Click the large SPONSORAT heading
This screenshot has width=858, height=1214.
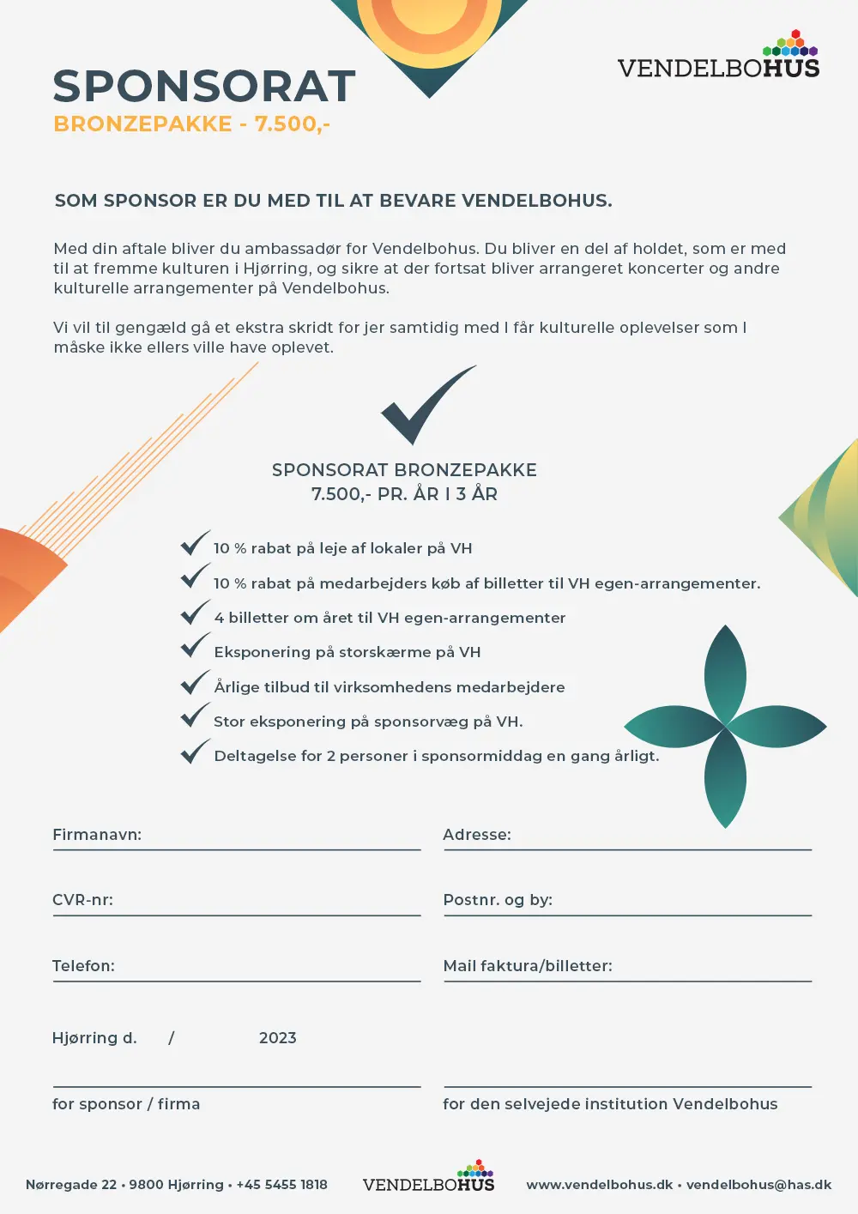pos(204,86)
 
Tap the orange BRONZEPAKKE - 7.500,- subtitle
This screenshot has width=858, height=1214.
pos(191,124)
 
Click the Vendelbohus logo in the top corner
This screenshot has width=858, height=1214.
pos(718,58)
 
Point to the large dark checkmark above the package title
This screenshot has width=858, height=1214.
pos(426,404)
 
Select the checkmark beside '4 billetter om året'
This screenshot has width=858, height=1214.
pos(195,613)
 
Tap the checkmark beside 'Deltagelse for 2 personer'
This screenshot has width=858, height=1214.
pos(195,752)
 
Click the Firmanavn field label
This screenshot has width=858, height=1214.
pos(97,835)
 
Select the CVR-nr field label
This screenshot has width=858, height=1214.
pos(82,900)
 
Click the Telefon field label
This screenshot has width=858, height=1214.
pos(83,966)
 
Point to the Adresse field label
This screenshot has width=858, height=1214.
pos(477,835)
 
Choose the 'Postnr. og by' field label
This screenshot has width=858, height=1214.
pos(498,900)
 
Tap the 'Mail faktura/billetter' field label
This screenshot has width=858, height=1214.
pos(528,966)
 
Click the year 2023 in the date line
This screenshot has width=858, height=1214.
pos(277,1038)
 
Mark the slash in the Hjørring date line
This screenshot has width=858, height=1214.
pos(172,1038)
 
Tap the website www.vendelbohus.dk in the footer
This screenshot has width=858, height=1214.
pos(599,1185)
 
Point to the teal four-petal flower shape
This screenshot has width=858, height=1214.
pos(725,727)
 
